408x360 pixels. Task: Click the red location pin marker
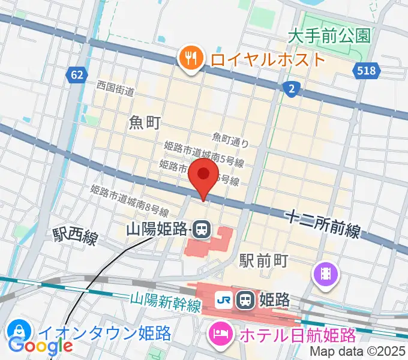204,175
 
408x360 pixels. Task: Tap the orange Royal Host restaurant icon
190,59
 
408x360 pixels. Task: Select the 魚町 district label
145,123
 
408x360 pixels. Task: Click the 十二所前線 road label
323,223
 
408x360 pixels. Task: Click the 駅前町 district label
264,260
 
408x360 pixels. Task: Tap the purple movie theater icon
326,275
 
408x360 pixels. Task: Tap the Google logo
40,345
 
